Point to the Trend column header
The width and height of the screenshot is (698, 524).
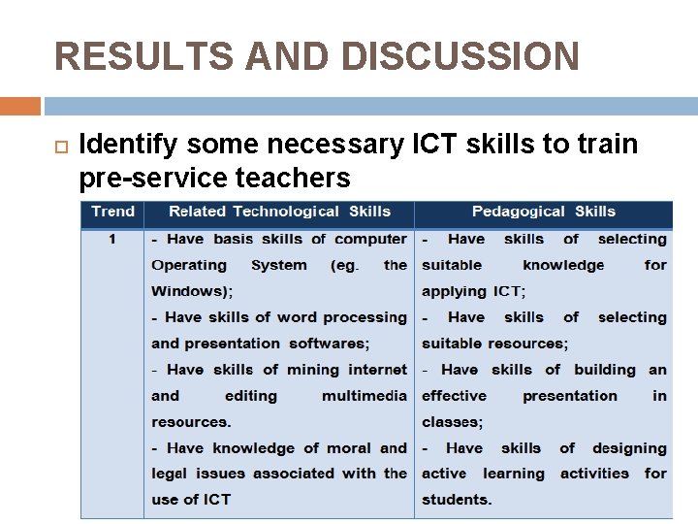112,212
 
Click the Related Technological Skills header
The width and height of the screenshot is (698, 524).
279,212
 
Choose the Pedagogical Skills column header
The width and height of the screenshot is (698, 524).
543,212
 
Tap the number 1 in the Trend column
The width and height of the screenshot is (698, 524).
112,239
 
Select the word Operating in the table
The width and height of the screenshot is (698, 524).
189,265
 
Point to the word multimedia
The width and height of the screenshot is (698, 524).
365,396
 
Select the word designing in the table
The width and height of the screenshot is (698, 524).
629,448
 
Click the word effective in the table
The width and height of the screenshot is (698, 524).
454,396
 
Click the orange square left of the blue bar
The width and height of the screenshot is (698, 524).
20,106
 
